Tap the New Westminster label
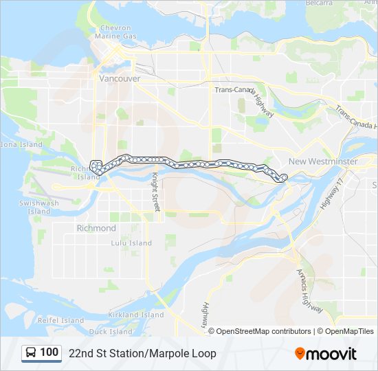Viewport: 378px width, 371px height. [323, 161]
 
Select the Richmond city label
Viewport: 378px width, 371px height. [96, 228]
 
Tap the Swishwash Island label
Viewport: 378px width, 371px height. [38, 207]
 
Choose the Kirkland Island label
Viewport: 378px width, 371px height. [135, 315]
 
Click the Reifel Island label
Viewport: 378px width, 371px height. [61, 320]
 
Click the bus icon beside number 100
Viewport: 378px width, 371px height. [32, 353]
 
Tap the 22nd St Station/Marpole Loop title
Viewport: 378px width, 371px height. [142, 353]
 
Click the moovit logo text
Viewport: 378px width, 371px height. [331, 353]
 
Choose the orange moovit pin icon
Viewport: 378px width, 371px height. [300, 354]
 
